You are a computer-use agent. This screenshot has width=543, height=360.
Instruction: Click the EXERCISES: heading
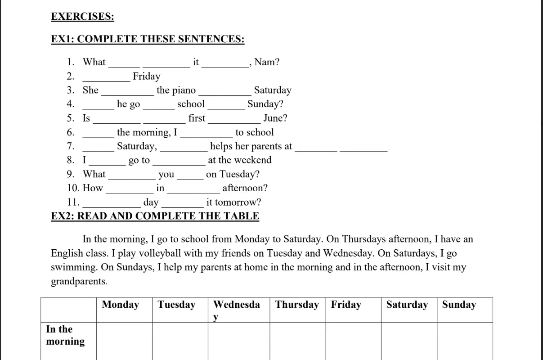point(82,17)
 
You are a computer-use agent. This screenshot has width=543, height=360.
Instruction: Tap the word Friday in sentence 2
point(146,76)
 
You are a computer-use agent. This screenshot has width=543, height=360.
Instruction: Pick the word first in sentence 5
point(197,118)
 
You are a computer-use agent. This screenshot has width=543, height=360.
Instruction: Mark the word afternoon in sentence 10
point(245,188)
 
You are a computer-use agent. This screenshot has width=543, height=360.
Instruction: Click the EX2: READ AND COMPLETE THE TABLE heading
point(155,216)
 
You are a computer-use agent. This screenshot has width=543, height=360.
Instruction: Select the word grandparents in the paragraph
point(79,282)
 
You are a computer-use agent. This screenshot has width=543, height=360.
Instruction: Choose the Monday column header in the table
point(120,305)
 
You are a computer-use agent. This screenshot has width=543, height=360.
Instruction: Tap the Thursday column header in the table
point(297,305)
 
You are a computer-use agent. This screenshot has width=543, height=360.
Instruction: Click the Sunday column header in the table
point(458,305)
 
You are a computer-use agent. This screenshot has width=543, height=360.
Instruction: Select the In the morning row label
point(65,335)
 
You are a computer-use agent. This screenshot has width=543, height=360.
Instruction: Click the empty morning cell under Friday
point(353,341)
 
